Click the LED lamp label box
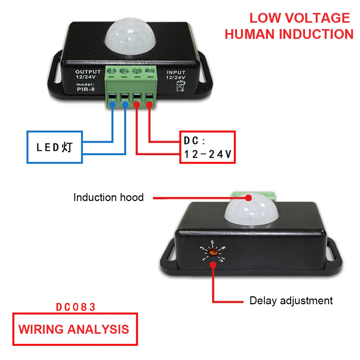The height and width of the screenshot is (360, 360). [55, 147]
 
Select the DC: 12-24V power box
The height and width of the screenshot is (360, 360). [208, 147]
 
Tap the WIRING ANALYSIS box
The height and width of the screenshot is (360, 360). [75, 329]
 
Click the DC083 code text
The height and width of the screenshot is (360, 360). [76, 307]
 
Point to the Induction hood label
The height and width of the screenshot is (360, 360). [108, 197]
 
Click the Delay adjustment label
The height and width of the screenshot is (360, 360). [291, 300]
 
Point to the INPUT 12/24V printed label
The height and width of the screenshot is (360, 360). [176, 74]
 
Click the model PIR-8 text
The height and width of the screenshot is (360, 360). [86, 88]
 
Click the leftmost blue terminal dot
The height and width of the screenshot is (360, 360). [113, 105]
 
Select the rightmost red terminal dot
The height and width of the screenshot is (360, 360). [149, 105]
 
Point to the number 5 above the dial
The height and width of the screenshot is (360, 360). [212, 242]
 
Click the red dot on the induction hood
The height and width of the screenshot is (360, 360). [248, 197]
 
